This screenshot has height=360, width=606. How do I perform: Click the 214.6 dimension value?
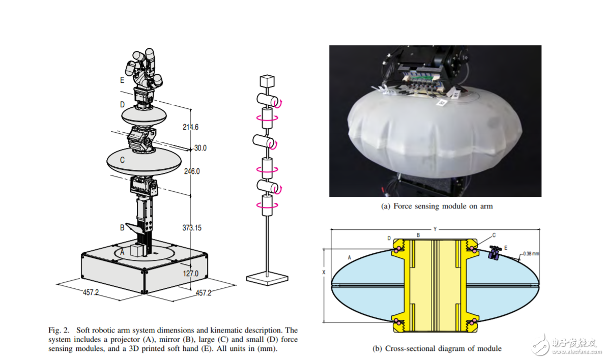click(190, 127)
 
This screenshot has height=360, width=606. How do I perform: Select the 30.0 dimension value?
click(200, 148)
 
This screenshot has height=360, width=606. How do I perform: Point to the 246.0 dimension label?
click(192, 171)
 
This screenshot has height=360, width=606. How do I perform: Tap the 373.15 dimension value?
click(192, 228)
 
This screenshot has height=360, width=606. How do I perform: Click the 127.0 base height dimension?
click(190, 274)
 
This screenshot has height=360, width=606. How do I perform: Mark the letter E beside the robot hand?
click(122, 80)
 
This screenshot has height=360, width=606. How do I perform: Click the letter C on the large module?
click(122, 160)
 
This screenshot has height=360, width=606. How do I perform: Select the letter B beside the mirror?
click(122, 227)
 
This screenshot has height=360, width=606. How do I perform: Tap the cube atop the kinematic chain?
click(267, 81)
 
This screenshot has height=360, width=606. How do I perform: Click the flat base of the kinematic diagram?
click(267, 278)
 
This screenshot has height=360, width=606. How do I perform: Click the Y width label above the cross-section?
click(435, 229)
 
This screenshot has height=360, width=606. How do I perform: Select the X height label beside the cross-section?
click(324, 273)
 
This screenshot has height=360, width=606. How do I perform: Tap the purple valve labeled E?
click(494, 253)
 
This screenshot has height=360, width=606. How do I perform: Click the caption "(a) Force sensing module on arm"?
click(437, 206)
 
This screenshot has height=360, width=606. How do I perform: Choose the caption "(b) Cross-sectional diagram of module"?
click(437, 348)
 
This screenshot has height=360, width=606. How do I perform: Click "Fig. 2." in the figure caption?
click(59, 331)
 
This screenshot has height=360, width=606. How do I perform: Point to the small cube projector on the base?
click(137, 250)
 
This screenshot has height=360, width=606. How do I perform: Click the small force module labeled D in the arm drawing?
click(144, 115)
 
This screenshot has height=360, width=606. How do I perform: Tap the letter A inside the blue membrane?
click(350, 257)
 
